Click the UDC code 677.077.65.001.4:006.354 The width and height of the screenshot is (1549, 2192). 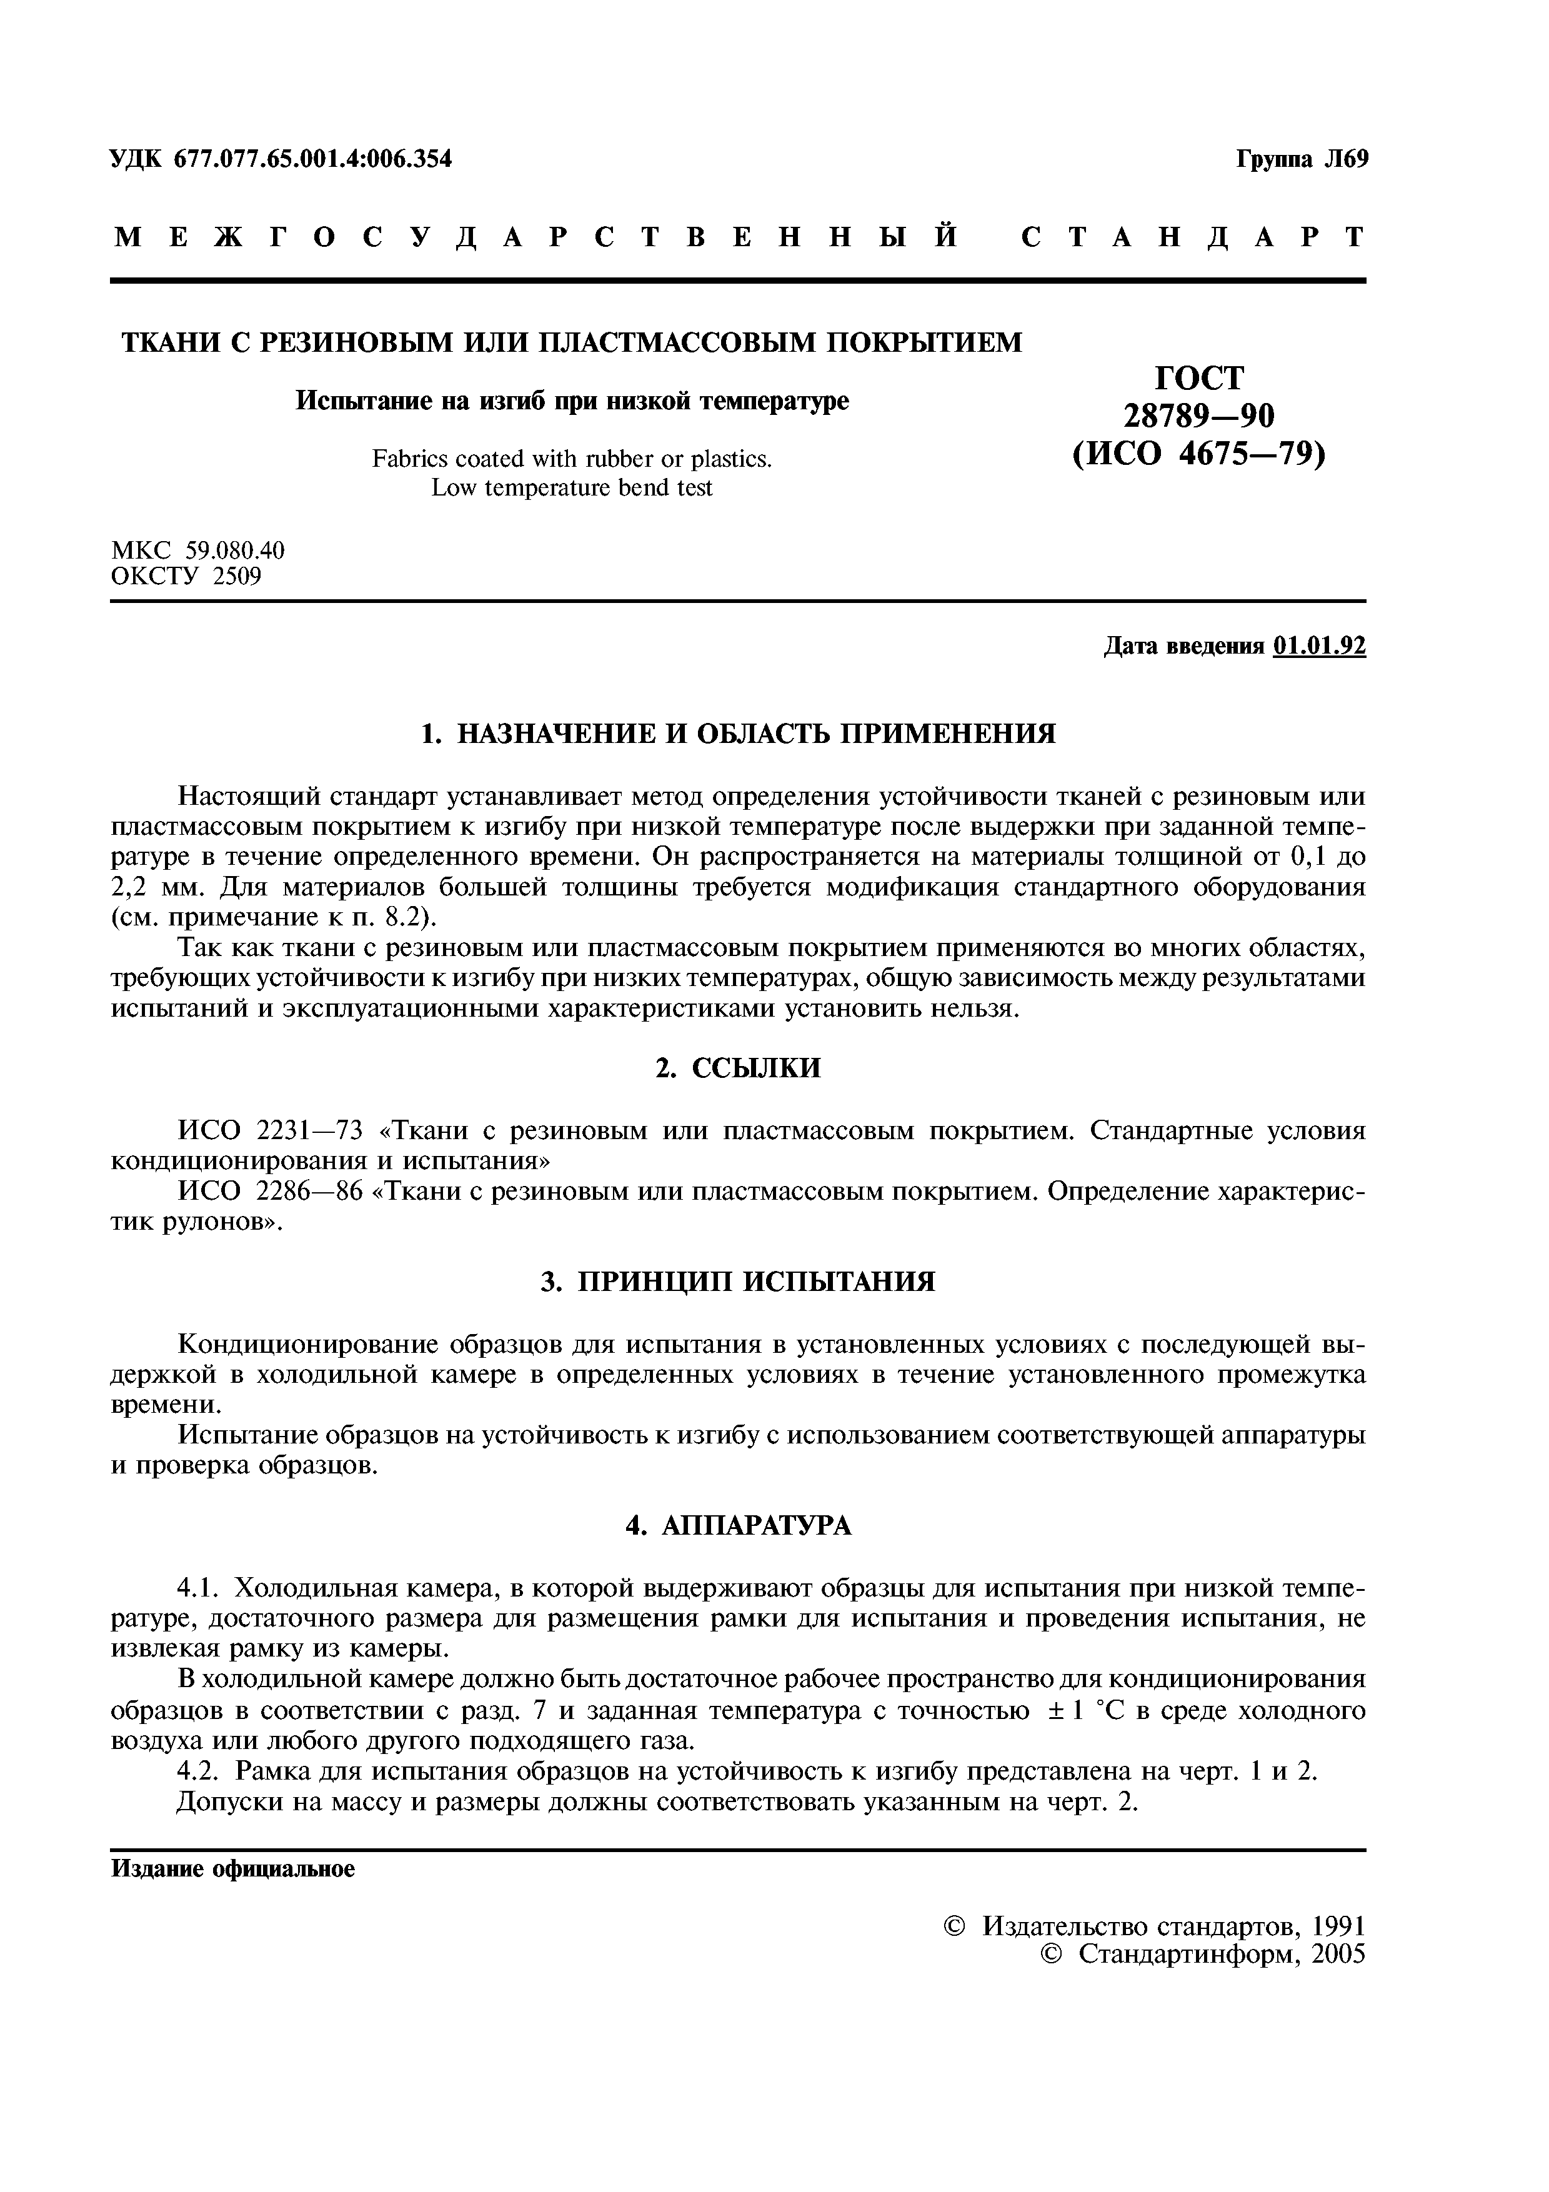pyautogui.click(x=312, y=159)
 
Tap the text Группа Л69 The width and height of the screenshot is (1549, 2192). pyautogui.click(x=1302, y=159)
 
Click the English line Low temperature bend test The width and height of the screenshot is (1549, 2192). pyautogui.click(x=572, y=488)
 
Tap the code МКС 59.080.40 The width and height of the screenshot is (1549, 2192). pyautogui.click(x=197, y=551)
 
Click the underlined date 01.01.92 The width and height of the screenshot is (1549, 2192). pyautogui.click(x=1319, y=646)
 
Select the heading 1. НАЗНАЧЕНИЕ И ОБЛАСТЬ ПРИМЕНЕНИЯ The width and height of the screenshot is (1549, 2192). pyautogui.click(x=739, y=733)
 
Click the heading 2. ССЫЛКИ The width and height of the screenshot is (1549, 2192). pyautogui.click(x=738, y=1067)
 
